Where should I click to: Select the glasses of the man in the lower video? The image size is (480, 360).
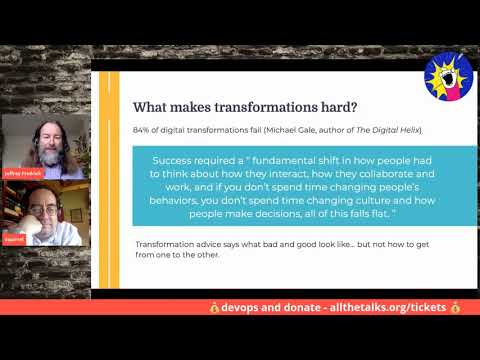coord(40,213)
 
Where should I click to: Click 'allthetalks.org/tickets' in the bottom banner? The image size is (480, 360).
coord(372,307)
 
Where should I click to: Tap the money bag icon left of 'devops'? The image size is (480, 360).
coord(214,307)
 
